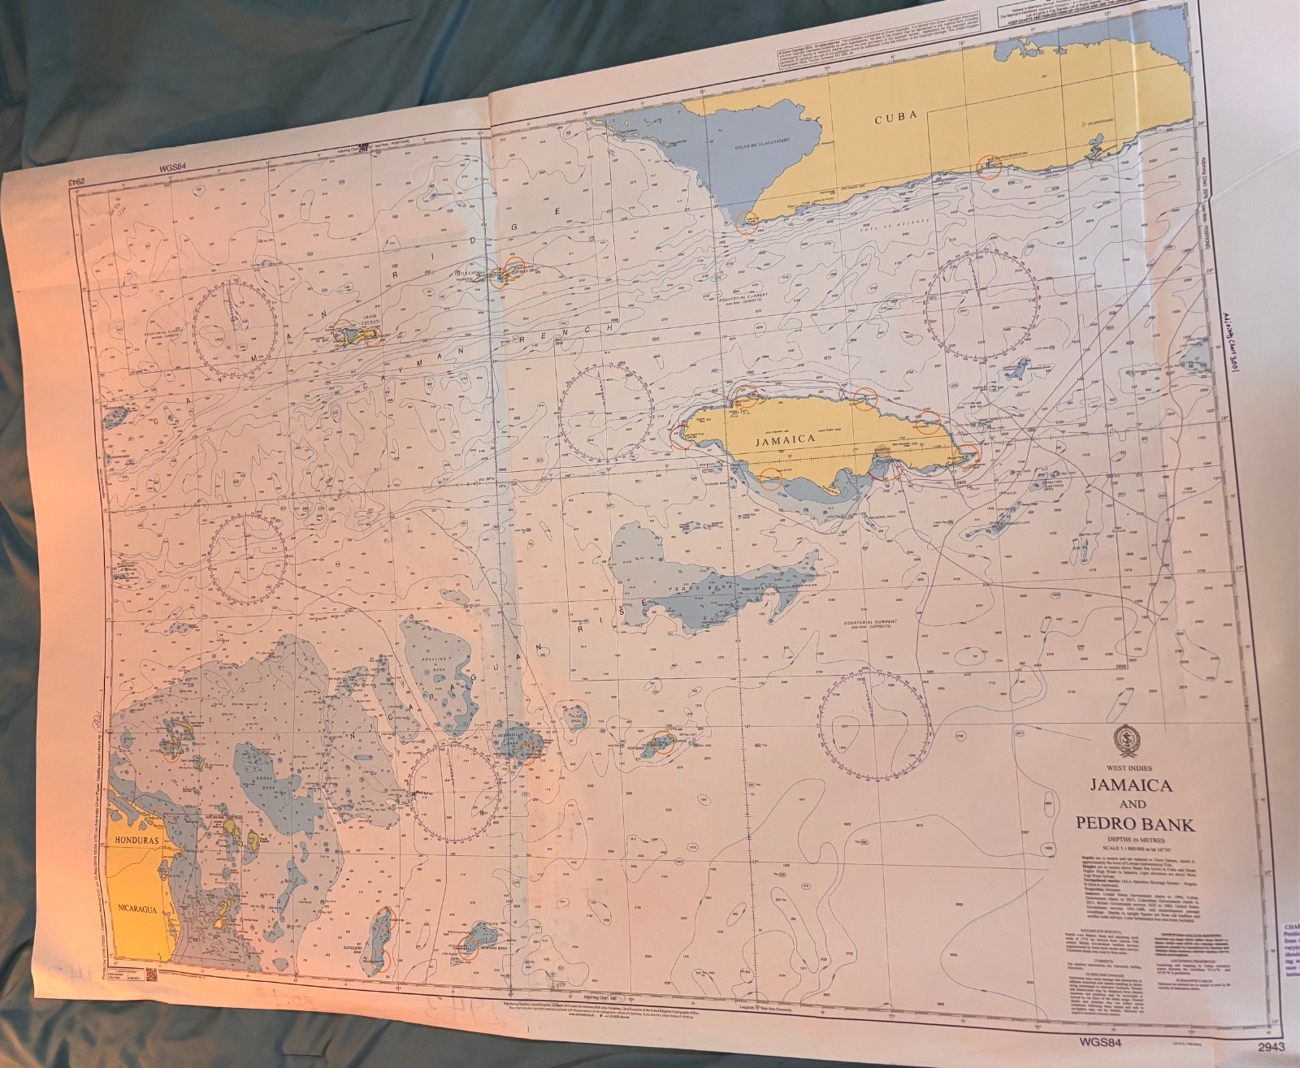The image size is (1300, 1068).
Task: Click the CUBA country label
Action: tap(895, 116)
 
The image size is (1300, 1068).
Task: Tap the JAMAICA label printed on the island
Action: tap(784, 439)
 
